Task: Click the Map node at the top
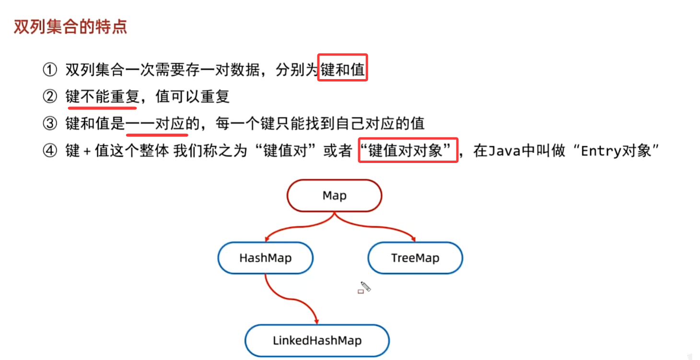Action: (334, 196)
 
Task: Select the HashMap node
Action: (265, 258)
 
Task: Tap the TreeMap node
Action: (415, 258)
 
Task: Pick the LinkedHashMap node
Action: (317, 341)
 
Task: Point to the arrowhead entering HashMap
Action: (268, 238)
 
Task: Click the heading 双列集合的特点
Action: (70, 26)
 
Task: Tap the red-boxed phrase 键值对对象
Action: (408, 151)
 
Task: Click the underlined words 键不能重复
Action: (102, 97)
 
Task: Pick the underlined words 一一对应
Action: (156, 124)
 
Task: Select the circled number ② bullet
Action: (50, 97)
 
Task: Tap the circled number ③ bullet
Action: (50, 124)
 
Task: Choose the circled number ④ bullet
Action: (50, 151)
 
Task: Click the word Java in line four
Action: (504, 151)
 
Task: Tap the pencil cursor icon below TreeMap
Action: (365, 287)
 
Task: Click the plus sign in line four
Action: (87, 151)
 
